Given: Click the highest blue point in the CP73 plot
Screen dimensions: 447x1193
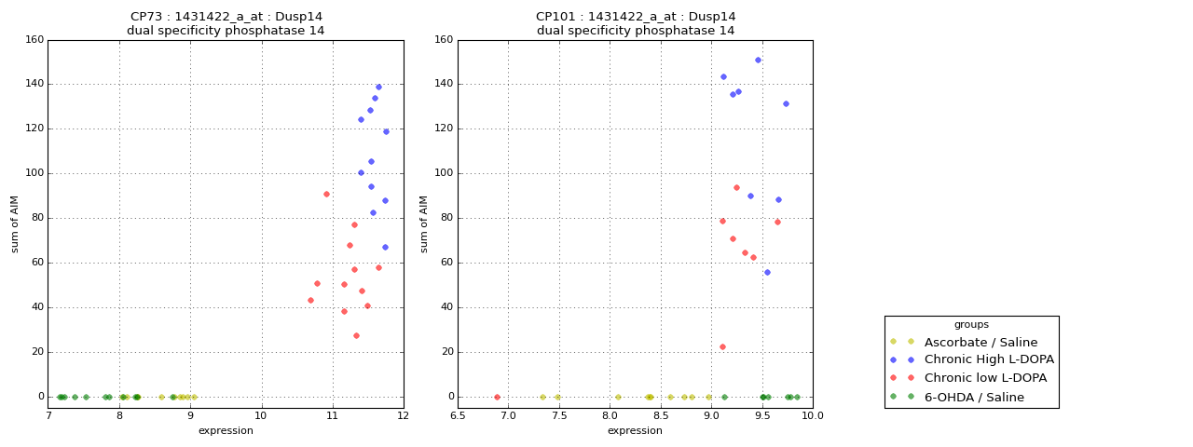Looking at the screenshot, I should (x=378, y=88).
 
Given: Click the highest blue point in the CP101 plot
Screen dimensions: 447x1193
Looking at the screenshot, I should (x=758, y=61).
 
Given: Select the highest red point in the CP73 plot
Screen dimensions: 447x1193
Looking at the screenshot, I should (x=326, y=195).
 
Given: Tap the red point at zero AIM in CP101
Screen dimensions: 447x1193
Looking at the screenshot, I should (x=497, y=397).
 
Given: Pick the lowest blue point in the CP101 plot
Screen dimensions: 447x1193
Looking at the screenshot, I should (x=767, y=272).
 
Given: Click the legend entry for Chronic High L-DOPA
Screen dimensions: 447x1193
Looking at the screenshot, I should (x=989, y=359).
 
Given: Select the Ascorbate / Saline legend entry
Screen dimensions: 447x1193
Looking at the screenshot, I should (x=980, y=342).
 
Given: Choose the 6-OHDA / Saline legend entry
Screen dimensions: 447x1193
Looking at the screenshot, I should (x=974, y=397).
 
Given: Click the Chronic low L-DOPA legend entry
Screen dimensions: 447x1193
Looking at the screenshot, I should (x=985, y=378).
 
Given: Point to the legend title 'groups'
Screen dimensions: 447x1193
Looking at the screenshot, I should (x=971, y=325).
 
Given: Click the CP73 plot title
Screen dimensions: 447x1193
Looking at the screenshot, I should (x=226, y=23).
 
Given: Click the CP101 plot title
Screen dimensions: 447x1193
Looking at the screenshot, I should (x=636, y=23).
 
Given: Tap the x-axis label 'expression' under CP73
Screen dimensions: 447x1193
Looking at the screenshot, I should (x=226, y=430).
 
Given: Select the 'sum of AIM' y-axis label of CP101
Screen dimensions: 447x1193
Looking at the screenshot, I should (x=424, y=223).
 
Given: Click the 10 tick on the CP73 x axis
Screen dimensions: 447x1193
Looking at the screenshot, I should (x=262, y=415).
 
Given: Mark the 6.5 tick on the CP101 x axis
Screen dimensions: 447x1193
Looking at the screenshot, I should (x=458, y=415).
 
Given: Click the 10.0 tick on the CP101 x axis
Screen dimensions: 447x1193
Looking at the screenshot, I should (x=813, y=415).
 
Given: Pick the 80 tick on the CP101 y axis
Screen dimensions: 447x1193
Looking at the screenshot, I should (x=446, y=218).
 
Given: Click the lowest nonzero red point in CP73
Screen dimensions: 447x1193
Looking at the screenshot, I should (x=356, y=335).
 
